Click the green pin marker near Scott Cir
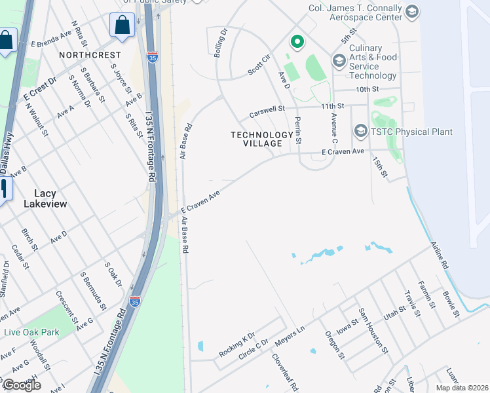click(297, 42)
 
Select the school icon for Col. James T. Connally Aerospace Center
click(412, 11)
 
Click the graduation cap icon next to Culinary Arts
click(339, 61)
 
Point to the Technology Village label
click(262, 139)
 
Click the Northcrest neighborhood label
click(90, 55)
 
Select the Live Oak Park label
click(31, 332)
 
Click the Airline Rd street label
click(439, 255)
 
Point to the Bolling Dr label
click(220, 42)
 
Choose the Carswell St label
click(267, 113)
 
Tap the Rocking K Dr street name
click(236, 344)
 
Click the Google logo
click(21, 385)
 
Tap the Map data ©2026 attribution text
click(462, 388)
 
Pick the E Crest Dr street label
click(40, 88)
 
